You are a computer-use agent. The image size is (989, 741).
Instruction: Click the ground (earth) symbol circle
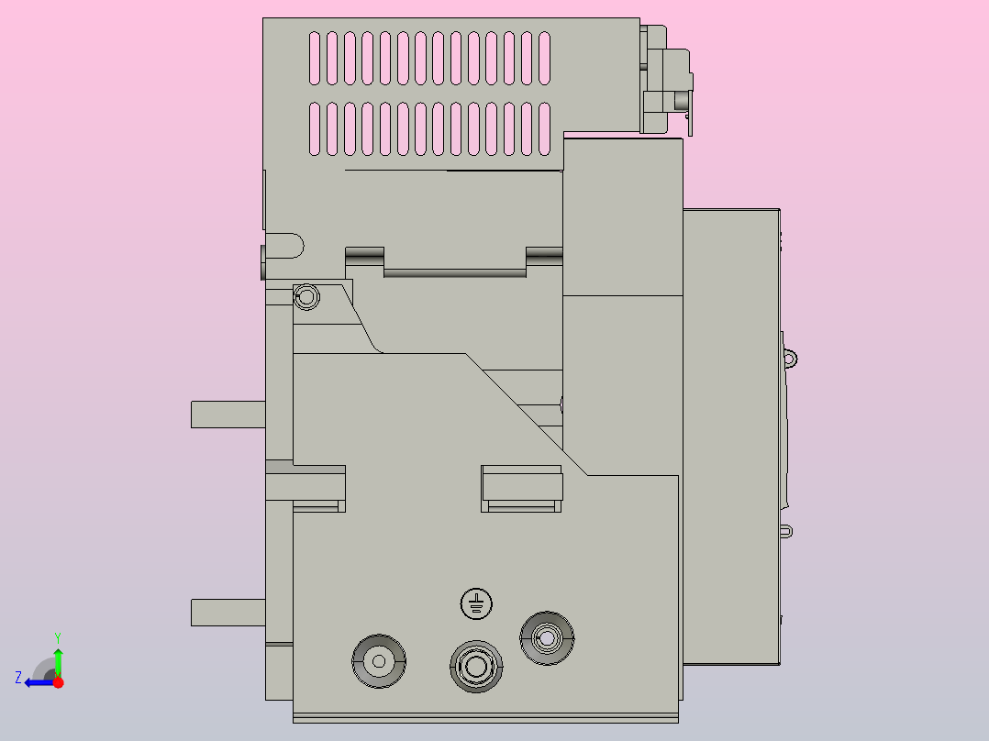[x=475, y=603]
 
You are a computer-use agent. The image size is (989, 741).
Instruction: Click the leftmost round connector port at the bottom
[x=379, y=659]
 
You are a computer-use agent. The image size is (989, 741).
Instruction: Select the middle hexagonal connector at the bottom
[x=475, y=665]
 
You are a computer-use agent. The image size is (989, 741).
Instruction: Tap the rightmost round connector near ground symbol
[x=547, y=637]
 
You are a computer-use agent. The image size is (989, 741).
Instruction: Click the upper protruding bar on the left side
[x=227, y=415]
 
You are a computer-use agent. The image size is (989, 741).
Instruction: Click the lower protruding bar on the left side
[x=227, y=612]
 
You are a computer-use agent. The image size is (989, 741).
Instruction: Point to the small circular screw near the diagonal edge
[x=307, y=297]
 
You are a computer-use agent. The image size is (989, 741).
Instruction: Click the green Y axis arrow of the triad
[x=58, y=657]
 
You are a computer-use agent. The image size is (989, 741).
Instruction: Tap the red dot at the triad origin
[x=58, y=682]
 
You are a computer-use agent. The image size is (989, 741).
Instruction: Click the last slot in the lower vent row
[x=544, y=127]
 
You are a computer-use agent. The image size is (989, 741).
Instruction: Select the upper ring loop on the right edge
[x=790, y=358]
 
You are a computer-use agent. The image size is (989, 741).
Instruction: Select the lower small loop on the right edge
[x=787, y=531]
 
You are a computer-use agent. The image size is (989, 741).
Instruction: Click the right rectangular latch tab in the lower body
[x=521, y=488]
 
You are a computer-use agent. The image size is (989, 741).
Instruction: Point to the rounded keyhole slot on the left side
[x=284, y=247]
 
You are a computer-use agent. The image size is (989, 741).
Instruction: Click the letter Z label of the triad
[x=18, y=678]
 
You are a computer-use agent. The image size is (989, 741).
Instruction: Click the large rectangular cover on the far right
[x=730, y=436]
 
